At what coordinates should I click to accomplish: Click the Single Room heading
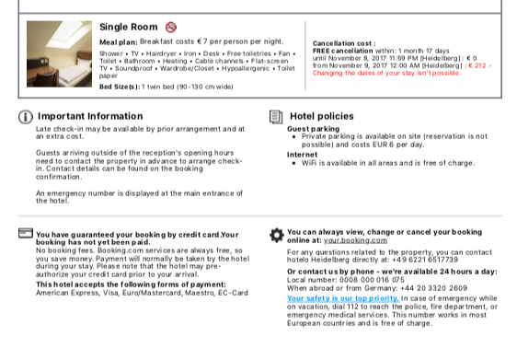coord(128,27)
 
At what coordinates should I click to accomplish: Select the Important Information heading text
coord(89,117)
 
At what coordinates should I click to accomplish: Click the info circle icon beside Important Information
coord(25,117)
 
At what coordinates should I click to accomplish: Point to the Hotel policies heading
coord(321,117)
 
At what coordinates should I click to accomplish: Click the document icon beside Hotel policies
coord(275,117)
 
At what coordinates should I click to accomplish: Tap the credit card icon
coord(25,234)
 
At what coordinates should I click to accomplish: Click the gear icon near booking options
coord(276,235)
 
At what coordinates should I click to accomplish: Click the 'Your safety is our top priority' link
coord(342,298)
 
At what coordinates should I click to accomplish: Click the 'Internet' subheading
coord(301,155)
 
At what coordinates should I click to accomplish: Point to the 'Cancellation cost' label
coord(343,43)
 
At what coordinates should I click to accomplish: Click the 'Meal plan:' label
coord(118,42)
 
